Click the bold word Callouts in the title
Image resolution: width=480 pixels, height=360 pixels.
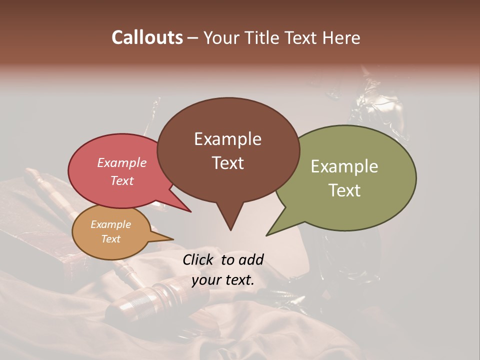pyautogui.click(x=147, y=37)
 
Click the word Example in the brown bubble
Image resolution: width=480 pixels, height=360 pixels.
pyautogui.click(x=227, y=139)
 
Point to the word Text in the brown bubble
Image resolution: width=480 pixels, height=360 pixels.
pyautogui.click(x=227, y=163)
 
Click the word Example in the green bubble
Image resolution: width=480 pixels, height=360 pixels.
pyautogui.click(x=344, y=166)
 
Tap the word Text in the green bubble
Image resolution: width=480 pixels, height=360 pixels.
pyautogui.click(x=344, y=190)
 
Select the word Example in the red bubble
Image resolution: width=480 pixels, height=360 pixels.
pyautogui.click(x=122, y=162)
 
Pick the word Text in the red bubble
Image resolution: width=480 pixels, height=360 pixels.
pyautogui.click(x=122, y=180)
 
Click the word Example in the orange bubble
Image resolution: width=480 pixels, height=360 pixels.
pyautogui.click(x=111, y=224)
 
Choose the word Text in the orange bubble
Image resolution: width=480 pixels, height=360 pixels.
pyautogui.click(x=111, y=239)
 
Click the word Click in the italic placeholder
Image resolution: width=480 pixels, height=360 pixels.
pyautogui.click(x=199, y=259)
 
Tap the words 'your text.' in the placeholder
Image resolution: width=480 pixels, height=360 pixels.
pyautogui.click(x=223, y=280)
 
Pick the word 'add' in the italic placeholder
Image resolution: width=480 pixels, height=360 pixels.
pyautogui.click(x=251, y=259)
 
